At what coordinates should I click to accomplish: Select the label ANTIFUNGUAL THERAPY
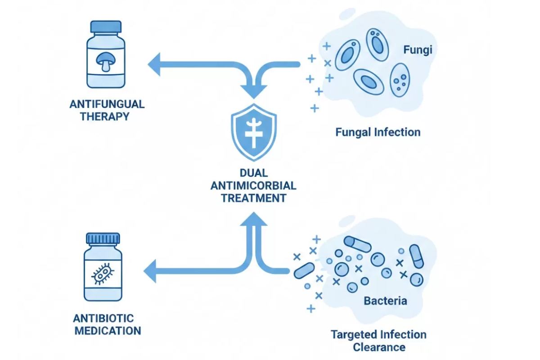pyautogui.click(x=107, y=110)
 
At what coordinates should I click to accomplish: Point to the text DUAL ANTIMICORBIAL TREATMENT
pyautogui.click(x=254, y=185)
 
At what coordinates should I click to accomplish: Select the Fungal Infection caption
pyautogui.click(x=378, y=132)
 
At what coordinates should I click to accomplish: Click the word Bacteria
pyautogui.click(x=385, y=300)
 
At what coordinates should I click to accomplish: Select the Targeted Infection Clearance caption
pyautogui.click(x=378, y=341)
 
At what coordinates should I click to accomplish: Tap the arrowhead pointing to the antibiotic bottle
pyautogui.click(x=151, y=271)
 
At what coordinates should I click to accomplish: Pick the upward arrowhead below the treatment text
pyautogui.click(x=254, y=218)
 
